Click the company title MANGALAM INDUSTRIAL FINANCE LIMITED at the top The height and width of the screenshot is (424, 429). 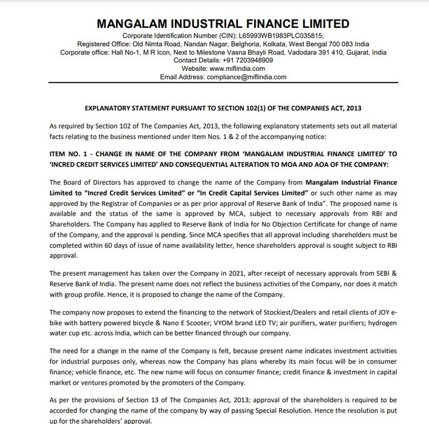(223, 24)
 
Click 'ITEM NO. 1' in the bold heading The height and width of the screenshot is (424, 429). (67, 154)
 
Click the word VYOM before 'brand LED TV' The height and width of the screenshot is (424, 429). (200, 323)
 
